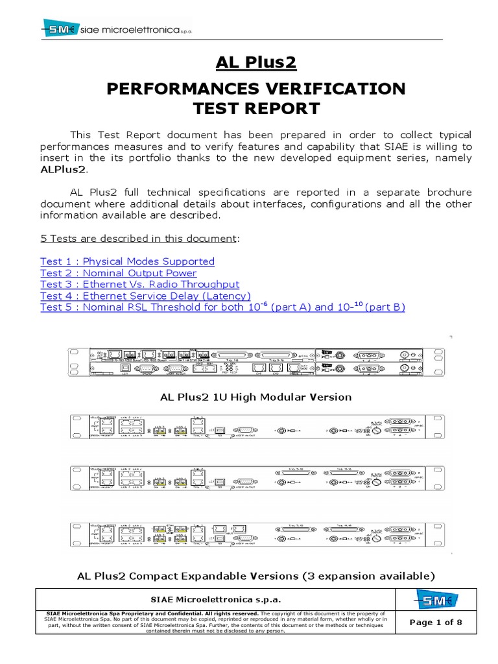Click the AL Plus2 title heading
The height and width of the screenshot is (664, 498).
pyautogui.click(x=256, y=63)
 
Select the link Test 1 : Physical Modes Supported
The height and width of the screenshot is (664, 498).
pyautogui.click(x=127, y=261)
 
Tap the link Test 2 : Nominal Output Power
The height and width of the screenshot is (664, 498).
pyautogui.click(x=118, y=273)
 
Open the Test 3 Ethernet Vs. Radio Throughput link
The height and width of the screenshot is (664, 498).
pyautogui.click(x=139, y=284)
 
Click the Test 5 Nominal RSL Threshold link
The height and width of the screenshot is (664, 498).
pyautogui.click(x=222, y=307)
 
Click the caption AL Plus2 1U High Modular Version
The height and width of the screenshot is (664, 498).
pyautogui.click(x=255, y=396)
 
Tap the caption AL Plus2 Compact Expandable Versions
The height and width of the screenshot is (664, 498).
pyautogui.click(x=255, y=575)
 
